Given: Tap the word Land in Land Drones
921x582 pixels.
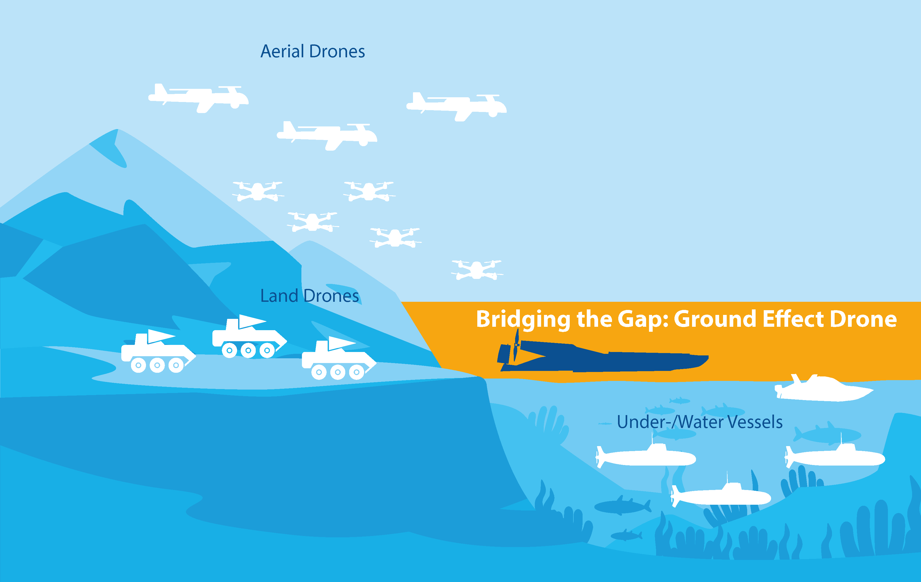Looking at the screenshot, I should click(x=279, y=296).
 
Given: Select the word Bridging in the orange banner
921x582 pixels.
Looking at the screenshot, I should click(x=522, y=319).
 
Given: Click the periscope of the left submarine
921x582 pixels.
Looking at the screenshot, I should click(x=652, y=437).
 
